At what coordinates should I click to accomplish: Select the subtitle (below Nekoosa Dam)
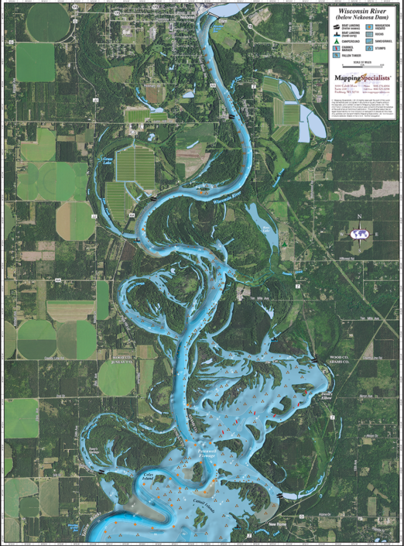[361, 22]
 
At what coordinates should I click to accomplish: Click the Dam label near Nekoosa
[224, 13]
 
